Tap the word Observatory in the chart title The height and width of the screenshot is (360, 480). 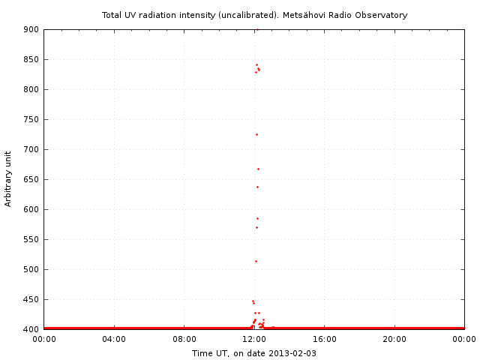381,15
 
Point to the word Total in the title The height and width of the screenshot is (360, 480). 113,15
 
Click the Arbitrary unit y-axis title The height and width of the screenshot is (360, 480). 9,178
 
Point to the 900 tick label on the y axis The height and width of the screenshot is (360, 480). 30,29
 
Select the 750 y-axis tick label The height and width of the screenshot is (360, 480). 30,119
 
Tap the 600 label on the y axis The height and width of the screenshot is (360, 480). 30,209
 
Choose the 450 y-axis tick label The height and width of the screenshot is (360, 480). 30,299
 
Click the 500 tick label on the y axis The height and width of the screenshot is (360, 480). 30,269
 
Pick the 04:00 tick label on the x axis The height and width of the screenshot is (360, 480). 114,339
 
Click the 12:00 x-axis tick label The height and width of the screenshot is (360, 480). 254,339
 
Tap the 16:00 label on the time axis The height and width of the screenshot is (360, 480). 324,339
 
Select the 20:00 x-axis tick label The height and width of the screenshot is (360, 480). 394,339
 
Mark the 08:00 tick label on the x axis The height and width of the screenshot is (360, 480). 184,339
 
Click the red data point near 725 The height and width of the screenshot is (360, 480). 256,134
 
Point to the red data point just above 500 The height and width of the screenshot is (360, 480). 256,261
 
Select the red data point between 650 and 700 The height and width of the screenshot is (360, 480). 258,169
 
